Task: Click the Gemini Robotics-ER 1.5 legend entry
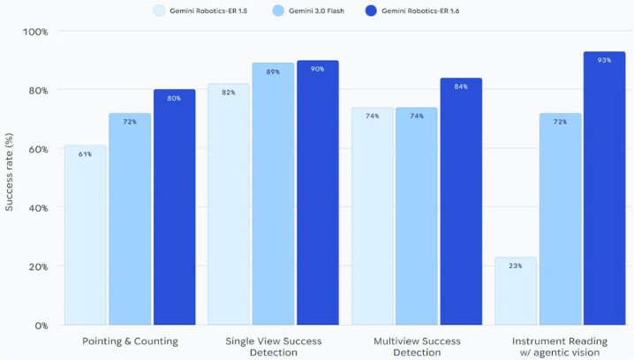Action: [x=202, y=11]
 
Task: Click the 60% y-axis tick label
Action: [x=36, y=149]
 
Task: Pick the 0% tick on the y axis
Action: [x=40, y=326]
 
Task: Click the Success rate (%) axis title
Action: [x=10, y=178]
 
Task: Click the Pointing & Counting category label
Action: [x=130, y=340]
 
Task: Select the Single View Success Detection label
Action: [x=273, y=345]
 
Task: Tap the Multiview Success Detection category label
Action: [x=417, y=345]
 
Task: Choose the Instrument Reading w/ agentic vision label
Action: [x=560, y=345]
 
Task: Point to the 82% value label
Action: [x=229, y=93]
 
